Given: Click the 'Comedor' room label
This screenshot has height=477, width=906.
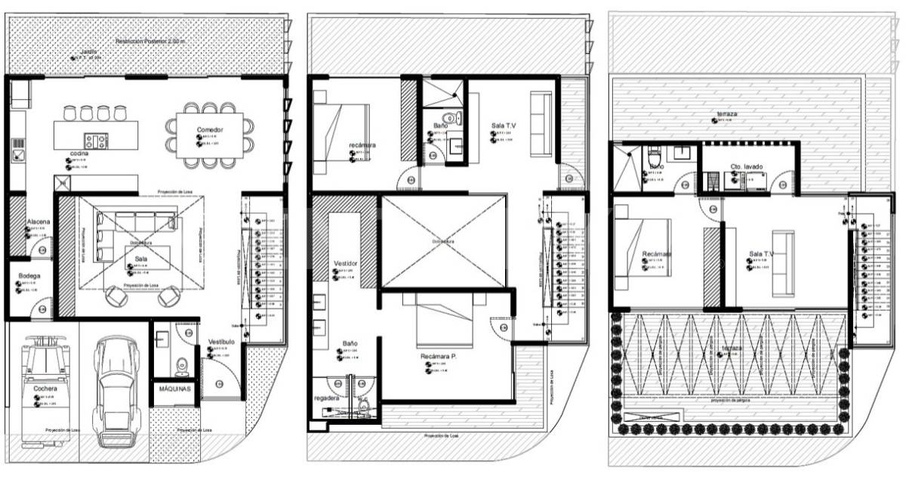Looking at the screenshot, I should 210,130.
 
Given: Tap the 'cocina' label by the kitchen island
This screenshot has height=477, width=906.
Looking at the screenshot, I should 80,153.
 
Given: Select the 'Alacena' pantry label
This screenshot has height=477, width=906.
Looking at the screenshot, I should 39,221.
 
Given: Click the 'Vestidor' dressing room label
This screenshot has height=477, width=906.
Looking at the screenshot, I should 345,263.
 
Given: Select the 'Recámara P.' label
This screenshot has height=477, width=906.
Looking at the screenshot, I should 439,355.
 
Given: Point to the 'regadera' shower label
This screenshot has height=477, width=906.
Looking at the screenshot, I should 326,397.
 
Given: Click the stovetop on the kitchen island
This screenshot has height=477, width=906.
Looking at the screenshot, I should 95,140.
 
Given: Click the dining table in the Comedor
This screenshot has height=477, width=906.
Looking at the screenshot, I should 210,136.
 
